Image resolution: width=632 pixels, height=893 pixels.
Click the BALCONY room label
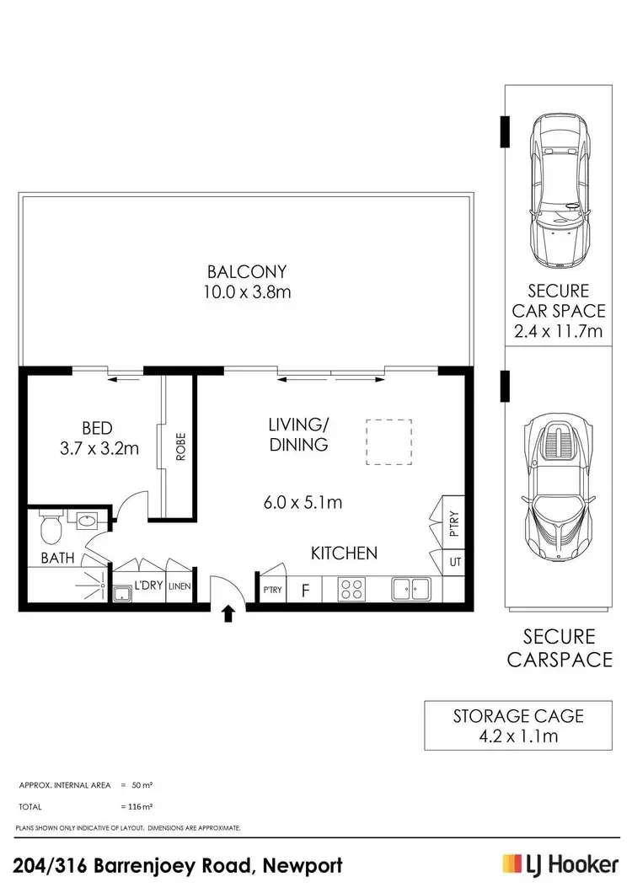point(247,272)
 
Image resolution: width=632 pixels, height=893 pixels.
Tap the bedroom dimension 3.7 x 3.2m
point(99,449)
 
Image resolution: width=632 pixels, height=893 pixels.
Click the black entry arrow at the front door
point(227,613)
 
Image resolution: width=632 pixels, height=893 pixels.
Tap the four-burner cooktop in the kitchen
point(351,589)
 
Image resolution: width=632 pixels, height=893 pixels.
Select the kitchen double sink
point(411,589)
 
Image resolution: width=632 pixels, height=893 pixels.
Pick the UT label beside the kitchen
point(454,561)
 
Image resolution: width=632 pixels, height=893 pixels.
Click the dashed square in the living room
point(388,441)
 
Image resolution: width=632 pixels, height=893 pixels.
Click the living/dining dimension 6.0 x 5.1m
point(303,503)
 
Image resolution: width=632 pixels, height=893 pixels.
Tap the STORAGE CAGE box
point(518,725)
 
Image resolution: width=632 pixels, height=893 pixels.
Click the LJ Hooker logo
point(560,864)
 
